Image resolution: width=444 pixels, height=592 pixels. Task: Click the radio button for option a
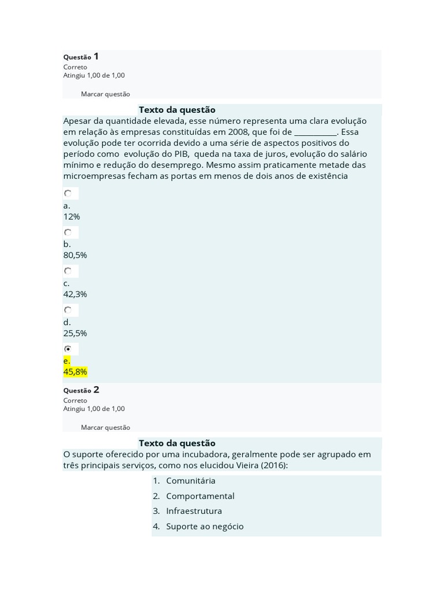68,194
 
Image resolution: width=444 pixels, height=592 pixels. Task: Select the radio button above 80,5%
68,232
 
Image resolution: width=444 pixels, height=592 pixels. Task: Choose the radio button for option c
68,271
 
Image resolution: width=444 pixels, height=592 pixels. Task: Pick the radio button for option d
68,310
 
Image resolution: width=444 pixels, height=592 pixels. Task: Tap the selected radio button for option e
68,349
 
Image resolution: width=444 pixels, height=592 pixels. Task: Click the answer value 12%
72,217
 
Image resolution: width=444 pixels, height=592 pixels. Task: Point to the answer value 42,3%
75,294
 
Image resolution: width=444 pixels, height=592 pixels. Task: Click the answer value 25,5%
75,333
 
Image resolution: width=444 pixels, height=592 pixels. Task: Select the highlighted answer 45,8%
75,372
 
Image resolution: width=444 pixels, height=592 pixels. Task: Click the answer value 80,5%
75,255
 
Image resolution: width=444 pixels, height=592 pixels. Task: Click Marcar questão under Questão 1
105,94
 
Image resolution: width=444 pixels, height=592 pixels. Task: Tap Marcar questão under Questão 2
105,428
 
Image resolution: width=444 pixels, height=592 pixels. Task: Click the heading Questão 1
81,57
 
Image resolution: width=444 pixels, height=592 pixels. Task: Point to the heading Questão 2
81,390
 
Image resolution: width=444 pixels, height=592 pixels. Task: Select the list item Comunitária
190,481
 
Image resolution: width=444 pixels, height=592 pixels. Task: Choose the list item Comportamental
200,496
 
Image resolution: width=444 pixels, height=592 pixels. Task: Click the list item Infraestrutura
194,511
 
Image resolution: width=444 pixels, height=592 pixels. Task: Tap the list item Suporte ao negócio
205,527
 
